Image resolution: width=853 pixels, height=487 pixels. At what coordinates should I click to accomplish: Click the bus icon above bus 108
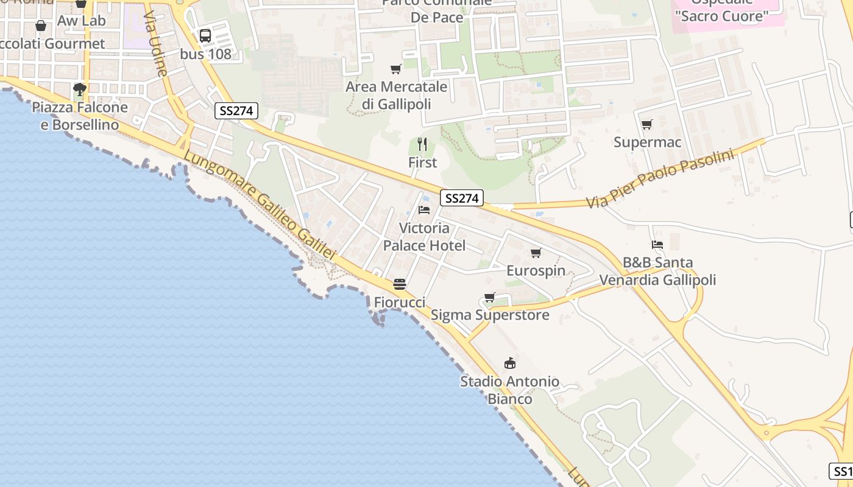tap(205, 36)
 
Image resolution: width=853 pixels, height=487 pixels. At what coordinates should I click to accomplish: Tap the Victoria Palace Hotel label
tap(424, 237)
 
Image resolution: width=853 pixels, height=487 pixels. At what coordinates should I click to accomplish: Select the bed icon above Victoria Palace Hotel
tap(424, 210)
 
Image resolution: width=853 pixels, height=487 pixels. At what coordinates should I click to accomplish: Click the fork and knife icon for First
tap(422, 144)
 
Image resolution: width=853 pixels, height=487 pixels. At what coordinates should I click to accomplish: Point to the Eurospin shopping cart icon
tap(536, 253)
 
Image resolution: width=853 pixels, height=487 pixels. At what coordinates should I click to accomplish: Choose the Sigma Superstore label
tap(490, 315)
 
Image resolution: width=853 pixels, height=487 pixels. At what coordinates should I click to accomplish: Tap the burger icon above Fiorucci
tap(400, 284)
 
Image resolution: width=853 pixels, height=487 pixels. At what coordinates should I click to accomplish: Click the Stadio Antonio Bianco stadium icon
tap(510, 363)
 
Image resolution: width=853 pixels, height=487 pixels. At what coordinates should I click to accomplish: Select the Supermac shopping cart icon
tap(646, 125)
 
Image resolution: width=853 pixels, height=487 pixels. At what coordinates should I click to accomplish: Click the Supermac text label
tap(647, 142)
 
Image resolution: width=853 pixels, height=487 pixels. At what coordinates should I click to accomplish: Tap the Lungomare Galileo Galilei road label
tap(260, 205)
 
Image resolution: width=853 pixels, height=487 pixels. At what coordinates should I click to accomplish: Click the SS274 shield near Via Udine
tap(236, 111)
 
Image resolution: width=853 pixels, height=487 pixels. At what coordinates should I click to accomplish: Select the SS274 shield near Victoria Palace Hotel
tap(462, 198)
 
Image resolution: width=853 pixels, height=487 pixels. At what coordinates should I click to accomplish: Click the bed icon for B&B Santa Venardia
tap(657, 245)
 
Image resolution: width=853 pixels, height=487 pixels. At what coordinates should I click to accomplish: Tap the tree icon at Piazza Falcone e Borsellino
tap(79, 89)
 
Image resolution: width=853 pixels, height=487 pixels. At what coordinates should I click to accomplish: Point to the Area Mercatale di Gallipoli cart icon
tap(396, 69)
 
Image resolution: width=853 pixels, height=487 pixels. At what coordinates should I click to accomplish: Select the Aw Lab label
tap(82, 21)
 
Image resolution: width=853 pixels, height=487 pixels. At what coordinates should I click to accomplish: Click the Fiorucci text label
tap(399, 302)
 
